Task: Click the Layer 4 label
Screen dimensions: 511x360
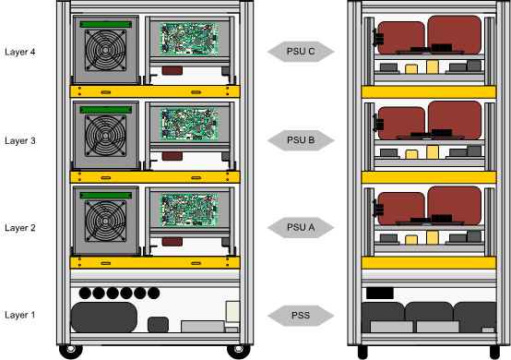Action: pyautogui.click(x=20, y=52)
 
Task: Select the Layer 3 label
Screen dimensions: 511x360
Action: pyautogui.click(x=20, y=140)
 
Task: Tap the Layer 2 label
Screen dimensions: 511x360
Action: pyautogui.click(x=20, y=228)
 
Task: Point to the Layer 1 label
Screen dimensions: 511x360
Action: pyautogui.click(x=20, y=315)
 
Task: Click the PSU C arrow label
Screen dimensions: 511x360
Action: pyautogui.click(x=301, y=51)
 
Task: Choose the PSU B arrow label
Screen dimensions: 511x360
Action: pyautogui.click(x=301, y=140)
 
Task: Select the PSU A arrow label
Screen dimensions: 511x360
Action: pyautogui.click(x=301, y=227)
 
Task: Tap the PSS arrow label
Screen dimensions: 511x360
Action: pyautogui.click(x=301, y=316)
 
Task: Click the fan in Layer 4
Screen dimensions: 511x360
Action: pyautogui.click(x=105, y=50)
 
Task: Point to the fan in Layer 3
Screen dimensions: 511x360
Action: pyautogui.click(x=105, y=136)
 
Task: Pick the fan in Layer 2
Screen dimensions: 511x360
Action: pyautogui.click(x=105, y=222)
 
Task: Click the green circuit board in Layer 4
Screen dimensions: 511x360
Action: pyautogui.click(x=189, y=39)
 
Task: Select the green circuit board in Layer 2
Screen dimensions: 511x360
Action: pyautogui.click(x=189, y=210)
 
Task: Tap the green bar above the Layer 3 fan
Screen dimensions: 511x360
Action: pyautogui.click(x=106, y=110)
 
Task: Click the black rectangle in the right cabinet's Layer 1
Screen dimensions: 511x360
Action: pyautogui.click(x=380, y=293)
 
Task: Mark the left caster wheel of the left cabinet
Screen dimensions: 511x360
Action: pyautogui.click(x=71, y=351)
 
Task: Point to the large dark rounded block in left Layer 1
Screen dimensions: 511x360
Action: pyautogui.click(x=104, y=318)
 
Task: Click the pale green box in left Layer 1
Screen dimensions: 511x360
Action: pyautogui.click(x=232, y=311)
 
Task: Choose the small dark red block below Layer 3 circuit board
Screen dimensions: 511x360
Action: pyautogui.click(x=172, y=156)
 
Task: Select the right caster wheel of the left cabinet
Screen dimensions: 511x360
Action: pyautogui.click(x=239, y=351)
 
